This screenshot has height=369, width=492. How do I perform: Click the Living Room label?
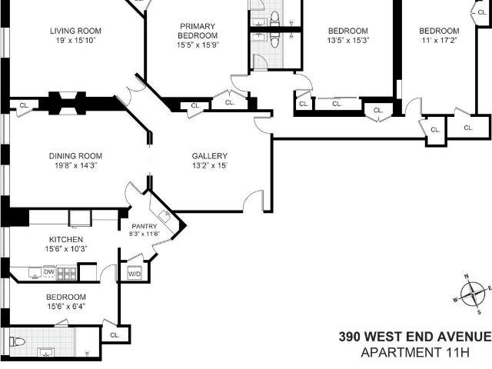75,31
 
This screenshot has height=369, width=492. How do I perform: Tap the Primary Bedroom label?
198,31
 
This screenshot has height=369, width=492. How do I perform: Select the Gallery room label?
209,156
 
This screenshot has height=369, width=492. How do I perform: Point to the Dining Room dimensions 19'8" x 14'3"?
75,165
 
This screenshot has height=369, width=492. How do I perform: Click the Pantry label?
145,226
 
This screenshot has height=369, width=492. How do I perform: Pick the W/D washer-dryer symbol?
135,274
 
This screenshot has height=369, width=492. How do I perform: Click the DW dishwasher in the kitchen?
49,272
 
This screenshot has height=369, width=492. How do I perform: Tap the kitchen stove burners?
67,274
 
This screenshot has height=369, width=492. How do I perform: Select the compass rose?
473,294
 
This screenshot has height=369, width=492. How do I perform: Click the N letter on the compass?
467,277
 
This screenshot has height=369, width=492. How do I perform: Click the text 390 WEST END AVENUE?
415,337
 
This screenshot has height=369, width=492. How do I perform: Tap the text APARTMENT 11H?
415,352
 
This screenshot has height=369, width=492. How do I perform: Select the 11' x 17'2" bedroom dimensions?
439,40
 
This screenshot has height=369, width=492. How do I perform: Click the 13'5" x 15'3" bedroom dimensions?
348,40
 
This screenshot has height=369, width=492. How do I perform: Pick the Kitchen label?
66,239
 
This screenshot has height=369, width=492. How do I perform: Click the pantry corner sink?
165,215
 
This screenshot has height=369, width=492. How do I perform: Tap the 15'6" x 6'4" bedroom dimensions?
66,306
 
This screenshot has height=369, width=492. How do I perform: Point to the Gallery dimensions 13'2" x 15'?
210,165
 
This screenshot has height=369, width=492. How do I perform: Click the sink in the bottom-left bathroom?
46,352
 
